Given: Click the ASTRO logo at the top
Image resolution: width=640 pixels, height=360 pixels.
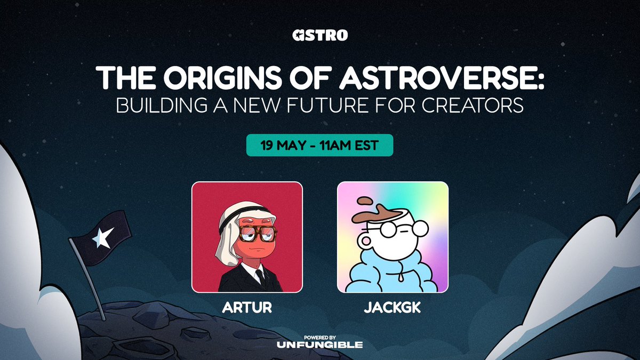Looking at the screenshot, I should [x=320, y=36].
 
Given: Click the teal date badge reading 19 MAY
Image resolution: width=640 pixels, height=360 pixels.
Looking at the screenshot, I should [x=319, y=146].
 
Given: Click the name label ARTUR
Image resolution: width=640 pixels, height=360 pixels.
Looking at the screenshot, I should [x=247, y=308].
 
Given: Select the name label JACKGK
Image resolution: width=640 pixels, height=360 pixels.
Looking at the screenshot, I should [x=393, y=308].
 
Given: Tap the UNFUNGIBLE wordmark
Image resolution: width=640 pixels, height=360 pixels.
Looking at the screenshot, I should [x=320, y=345].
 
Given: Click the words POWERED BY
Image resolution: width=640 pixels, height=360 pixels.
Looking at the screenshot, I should [x=320, y=337].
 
